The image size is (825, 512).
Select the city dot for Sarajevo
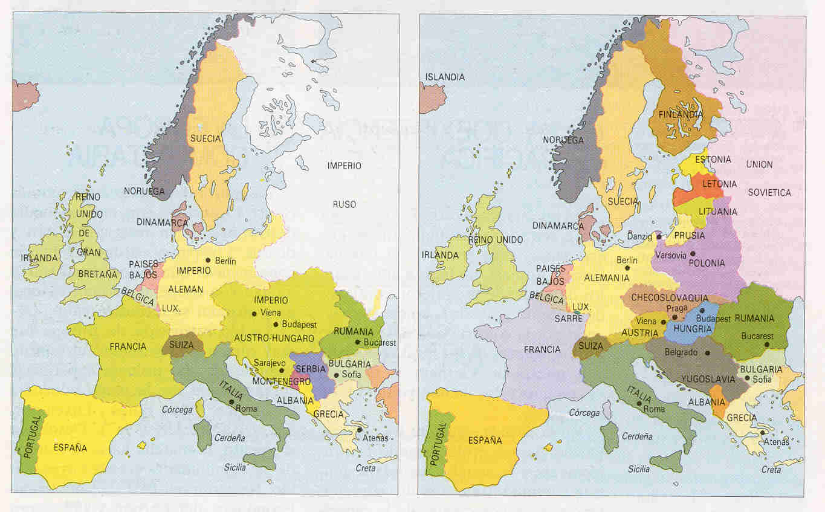coord(281,371)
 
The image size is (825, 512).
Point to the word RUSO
coord(345,204)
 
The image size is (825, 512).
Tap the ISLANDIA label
coord(445,77)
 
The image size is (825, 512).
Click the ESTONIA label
coord(713,160)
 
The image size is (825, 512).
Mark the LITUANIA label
coord(718,212)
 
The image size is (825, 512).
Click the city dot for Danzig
coord(659,237)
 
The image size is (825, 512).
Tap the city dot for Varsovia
coord(693,254)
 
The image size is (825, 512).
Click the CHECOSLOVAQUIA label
coord(669,297)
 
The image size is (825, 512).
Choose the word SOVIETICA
coord(769,192)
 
